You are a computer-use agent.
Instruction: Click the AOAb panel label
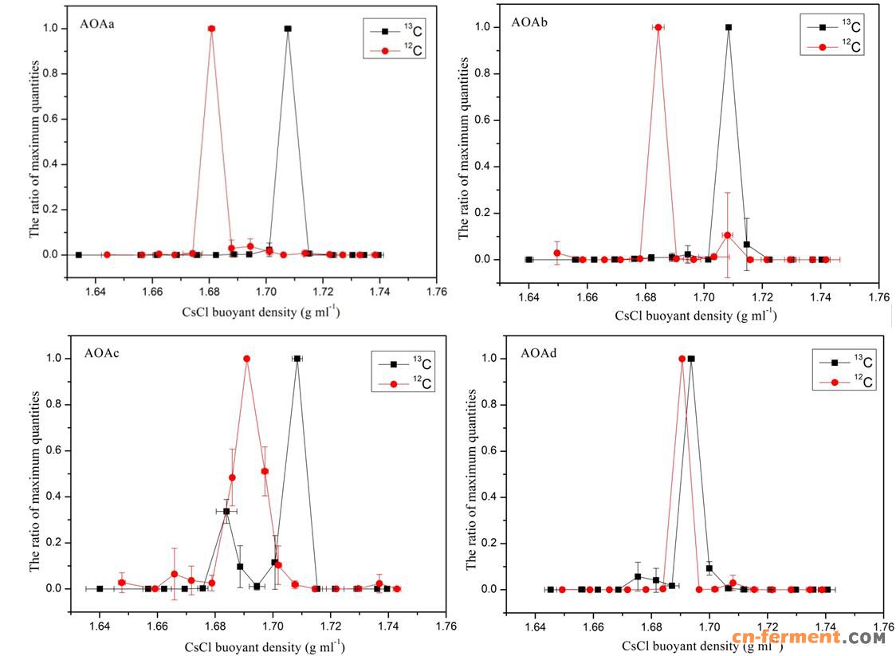pos(530,21)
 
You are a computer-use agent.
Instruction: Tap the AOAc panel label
pos(101,353)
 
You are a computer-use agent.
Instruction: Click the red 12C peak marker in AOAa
pos(211,29)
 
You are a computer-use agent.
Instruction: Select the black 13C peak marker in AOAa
pos(288,29)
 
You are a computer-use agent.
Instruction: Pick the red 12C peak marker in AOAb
pos(658,27)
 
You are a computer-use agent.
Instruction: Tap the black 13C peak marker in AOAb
pos(728,27)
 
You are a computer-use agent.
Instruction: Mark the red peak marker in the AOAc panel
pos(247,359)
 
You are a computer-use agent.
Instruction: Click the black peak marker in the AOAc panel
pos(297,359)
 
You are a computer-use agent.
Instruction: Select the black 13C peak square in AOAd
pos(691,359)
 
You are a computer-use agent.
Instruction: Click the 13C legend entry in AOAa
pos(399,33)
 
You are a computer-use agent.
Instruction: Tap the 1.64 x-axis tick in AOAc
pos(100,627)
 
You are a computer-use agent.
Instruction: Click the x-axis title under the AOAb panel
pos(695,316)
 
